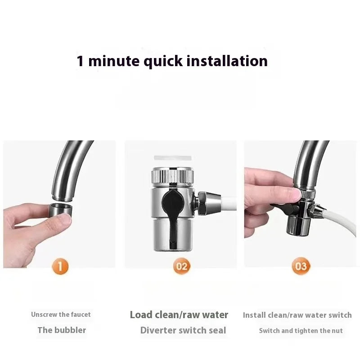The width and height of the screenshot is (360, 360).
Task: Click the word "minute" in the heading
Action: point(114,61)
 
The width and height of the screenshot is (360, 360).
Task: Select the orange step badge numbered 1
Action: point(61,266)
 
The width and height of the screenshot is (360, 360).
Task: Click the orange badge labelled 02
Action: point(181,266)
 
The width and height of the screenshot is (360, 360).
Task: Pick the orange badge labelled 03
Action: point(301,266)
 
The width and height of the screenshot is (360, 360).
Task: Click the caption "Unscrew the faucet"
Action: point(61,315)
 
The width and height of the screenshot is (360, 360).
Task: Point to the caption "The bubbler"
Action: point(62,330)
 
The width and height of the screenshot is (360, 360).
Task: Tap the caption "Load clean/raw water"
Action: point(179,315)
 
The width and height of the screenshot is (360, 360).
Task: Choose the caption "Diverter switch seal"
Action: point(183,330)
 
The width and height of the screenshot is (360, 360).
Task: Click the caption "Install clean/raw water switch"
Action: point(297,315)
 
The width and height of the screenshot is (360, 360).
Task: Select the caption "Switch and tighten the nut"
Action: point(301,331)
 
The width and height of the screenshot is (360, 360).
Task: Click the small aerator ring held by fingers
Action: point(60,210)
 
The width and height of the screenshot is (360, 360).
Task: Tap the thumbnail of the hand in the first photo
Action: point(64,219)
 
